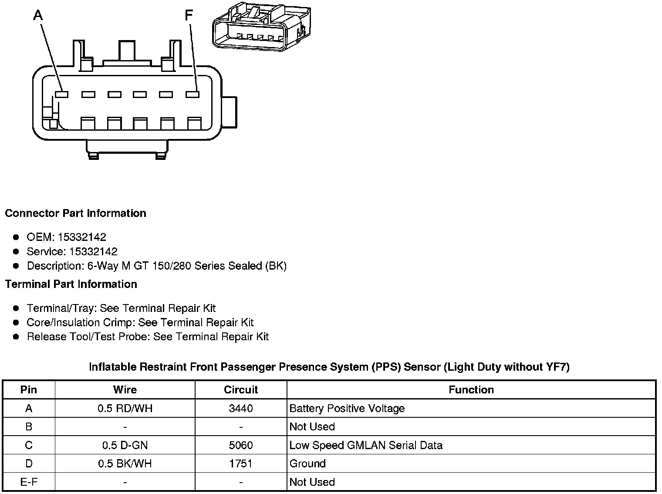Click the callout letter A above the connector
tap(38, 16)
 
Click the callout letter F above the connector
tap(188, 16)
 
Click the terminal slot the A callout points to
tap(62, 94)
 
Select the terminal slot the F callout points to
tap(192, 94)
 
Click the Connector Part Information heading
tap(75, 213)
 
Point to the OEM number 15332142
tap(82, 237)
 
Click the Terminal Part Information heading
tap(71, 284)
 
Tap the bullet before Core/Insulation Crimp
tap(16, 323)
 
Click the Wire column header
tap(125, 390)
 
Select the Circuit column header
tap(241, 390)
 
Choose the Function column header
tap(471, 390)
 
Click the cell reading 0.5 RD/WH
tap(125, 409)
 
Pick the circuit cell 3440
tap(241, 409)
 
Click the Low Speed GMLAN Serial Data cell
tap(366, 446)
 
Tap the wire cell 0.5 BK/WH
tap(125, 464)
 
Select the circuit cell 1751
tap(241, 464)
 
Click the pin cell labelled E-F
tap(29, 482)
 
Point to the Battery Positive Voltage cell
tap(347, 409)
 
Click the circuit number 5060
tap(241, 446)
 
